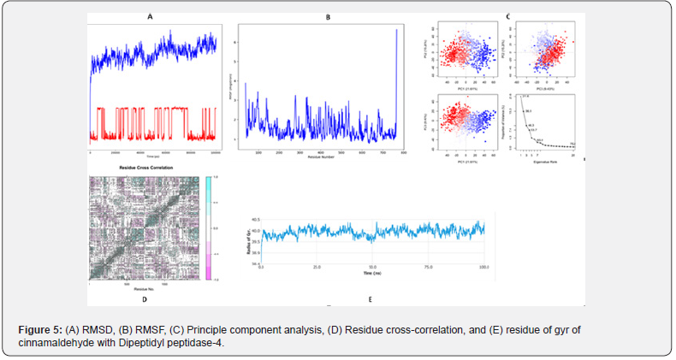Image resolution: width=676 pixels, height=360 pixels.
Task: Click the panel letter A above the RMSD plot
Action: [151, 16]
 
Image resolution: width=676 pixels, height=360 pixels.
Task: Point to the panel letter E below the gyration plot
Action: [370, 299]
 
